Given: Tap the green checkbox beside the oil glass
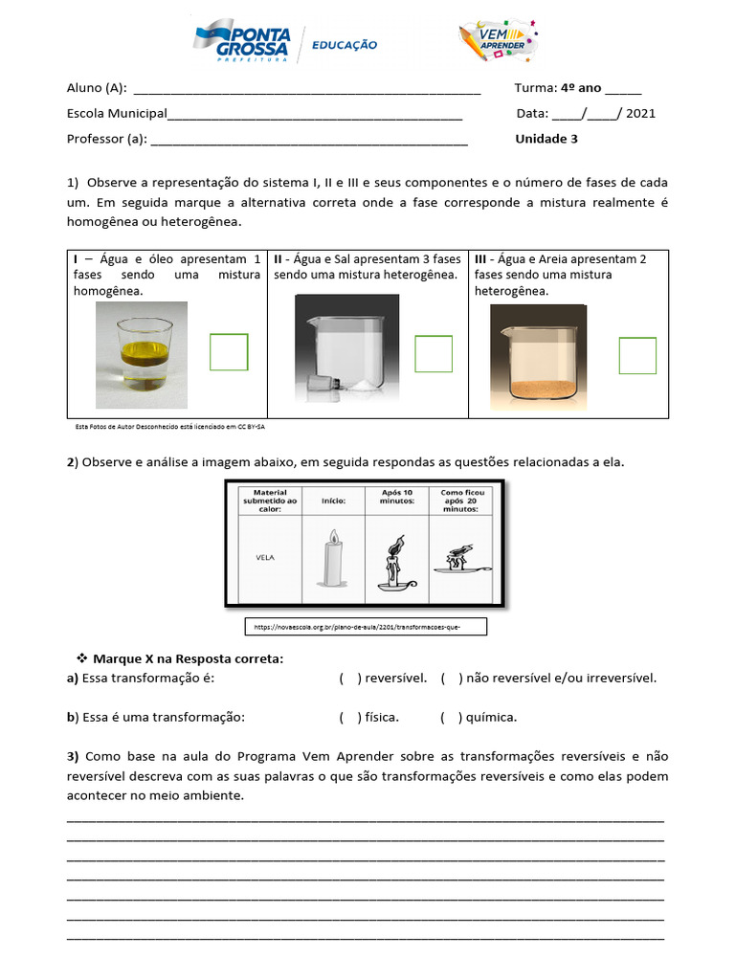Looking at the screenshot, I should tap(229, 351).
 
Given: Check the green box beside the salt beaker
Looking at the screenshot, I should tap(434, 354).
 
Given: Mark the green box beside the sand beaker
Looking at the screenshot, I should tap(637, 355).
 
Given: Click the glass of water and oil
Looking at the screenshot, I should tap(145, 354).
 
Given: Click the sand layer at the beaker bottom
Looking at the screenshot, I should tap(539, 388).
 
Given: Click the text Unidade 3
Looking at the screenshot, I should tap(546, 139).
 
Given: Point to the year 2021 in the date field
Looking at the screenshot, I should tap(640, 113).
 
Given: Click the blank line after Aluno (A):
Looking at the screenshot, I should tap(306, 89).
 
